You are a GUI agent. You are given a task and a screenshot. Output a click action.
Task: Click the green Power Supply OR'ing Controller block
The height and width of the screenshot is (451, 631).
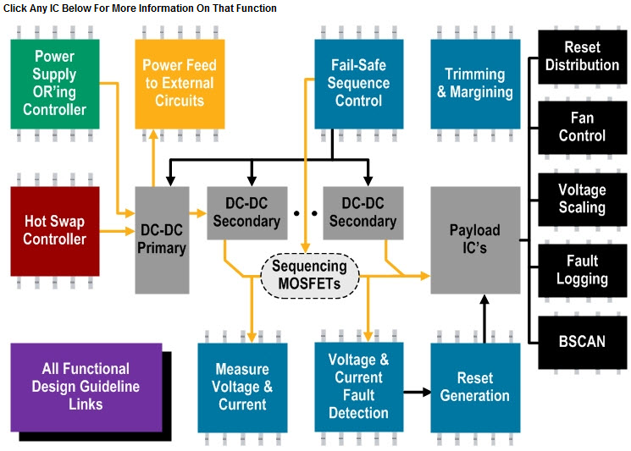pos(54,83)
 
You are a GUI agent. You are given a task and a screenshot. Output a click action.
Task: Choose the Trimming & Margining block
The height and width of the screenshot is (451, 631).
pos(474,83)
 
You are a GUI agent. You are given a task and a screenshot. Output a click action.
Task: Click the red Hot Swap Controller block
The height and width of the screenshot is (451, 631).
pos(54,230)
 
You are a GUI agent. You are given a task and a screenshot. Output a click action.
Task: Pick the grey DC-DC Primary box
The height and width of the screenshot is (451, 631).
pos(163,239)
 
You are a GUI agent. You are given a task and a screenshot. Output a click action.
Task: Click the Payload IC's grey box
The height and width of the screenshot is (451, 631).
pos(474,239)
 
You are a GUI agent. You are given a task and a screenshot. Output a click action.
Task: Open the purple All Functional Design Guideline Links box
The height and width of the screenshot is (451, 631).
pos(86,387)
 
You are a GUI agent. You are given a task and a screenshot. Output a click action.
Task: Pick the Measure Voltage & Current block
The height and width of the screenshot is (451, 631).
pos(242,387)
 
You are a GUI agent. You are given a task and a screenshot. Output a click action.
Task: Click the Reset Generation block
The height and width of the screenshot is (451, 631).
pos(474,387)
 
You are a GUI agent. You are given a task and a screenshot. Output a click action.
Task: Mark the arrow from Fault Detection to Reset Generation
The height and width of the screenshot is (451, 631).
pos(414,392)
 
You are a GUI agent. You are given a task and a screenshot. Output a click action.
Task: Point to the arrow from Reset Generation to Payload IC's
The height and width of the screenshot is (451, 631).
pos(484,317)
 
